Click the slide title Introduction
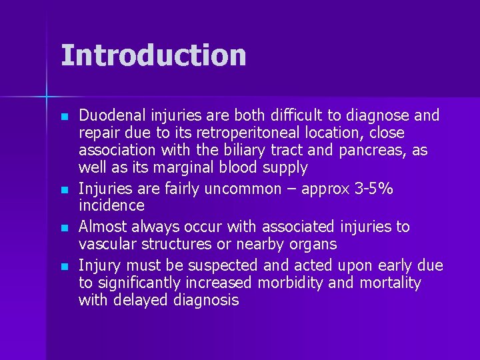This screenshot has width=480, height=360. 153,55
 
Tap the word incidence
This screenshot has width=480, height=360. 111,206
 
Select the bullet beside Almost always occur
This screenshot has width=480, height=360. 63,228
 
